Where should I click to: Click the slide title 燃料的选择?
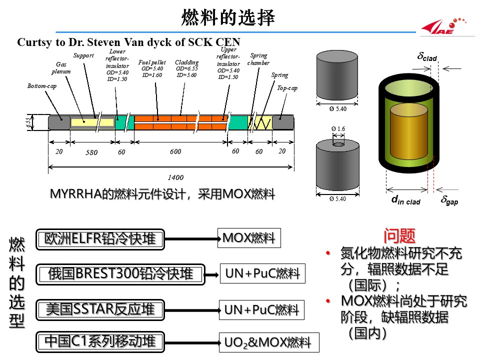tap(228, 18)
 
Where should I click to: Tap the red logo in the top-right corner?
tap(444, 26)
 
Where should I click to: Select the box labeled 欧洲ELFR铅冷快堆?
tap(100, 239)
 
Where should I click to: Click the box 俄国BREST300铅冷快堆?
tap(120, 274)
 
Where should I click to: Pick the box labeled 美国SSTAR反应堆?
tap(100, 309)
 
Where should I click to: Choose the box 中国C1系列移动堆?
tap(100, 341)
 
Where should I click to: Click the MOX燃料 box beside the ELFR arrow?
tap(249, 238)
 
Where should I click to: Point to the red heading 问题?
tap(400, 235)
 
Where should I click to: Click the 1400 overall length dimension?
tap(176, 177)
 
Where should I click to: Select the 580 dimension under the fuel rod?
tap(91, 152)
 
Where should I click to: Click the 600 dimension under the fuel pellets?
tap(175, 152)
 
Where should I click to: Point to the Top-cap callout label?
tap(287, 88)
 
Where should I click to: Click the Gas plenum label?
tap(61, 67)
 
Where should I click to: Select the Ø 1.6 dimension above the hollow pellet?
tap(338, 129)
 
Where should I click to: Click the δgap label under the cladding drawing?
tap(449, 201)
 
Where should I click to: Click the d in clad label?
tap(405, 201)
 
